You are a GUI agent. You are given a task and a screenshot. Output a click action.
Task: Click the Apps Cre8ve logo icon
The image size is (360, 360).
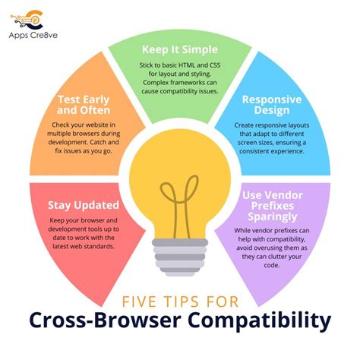31,17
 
